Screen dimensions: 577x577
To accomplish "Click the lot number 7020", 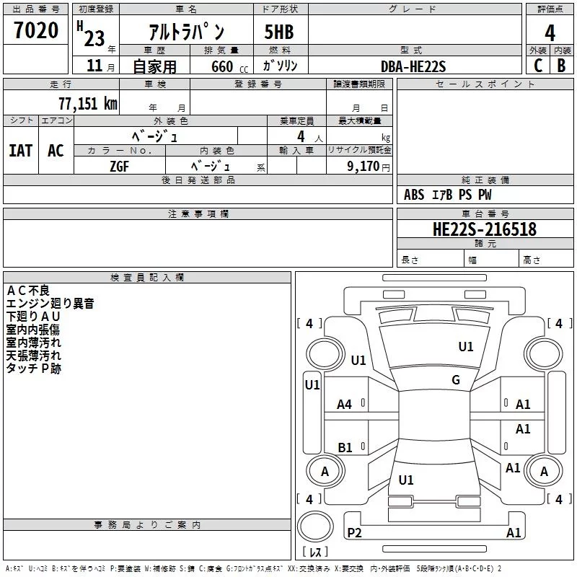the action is (35, 31).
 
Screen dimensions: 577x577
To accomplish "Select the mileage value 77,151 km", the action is (87, 104).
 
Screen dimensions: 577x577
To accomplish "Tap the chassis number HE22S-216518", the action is (484, 229).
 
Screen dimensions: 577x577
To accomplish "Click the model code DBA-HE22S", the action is (413, 66).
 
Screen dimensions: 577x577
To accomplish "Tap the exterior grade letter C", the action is (537, 66).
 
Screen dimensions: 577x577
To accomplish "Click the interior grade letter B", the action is (561, 66).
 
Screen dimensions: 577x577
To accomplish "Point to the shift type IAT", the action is (20, 151).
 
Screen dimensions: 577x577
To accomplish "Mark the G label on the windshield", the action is (455, 380).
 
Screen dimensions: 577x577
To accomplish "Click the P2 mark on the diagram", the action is (354, 532).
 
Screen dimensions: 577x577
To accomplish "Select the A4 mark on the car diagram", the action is (345, 405).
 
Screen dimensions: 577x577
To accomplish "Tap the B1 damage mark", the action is (345, 447).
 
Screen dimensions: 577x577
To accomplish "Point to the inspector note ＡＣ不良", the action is (28, 291).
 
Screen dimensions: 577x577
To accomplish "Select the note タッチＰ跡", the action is (34, 369).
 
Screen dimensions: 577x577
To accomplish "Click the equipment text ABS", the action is (414, 195).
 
